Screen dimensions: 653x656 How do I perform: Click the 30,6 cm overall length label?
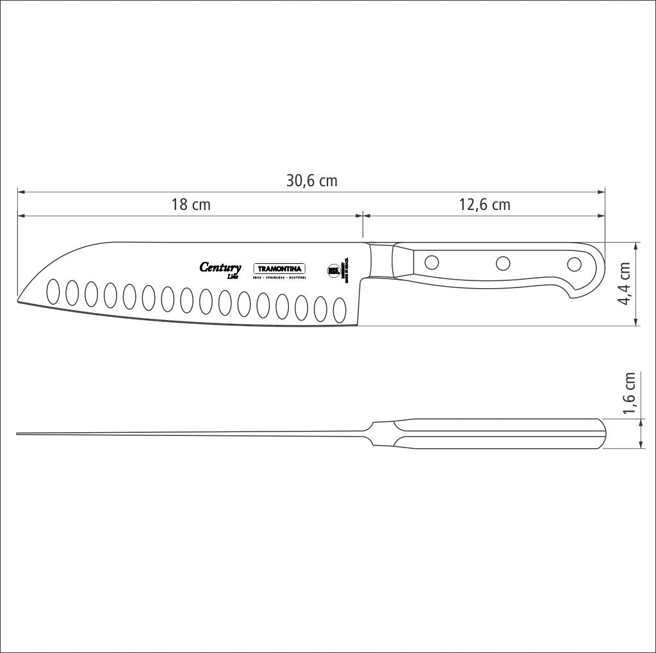point(311,181)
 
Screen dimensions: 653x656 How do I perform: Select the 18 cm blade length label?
point(190,205)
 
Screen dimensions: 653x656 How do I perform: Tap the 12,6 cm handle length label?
point(484,205)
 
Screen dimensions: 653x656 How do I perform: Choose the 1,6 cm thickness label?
point(630,394)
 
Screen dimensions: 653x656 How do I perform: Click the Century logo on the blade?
point(220,268)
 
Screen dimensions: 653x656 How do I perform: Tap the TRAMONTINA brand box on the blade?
point(280,270)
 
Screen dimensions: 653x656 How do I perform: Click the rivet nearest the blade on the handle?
point(432,262)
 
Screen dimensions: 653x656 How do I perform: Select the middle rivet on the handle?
point(504,262)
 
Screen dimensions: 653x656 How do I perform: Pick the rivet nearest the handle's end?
point(575,264)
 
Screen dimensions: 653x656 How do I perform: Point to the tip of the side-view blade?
point(19,299)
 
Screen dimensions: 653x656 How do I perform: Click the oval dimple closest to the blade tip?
point(53,291)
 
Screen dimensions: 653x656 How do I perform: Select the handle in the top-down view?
point(500,433)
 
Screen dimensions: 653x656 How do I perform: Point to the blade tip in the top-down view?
point(18,434)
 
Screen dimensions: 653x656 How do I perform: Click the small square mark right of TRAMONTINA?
point(332,270)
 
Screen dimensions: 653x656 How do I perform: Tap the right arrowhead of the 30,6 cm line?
point(603,191)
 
